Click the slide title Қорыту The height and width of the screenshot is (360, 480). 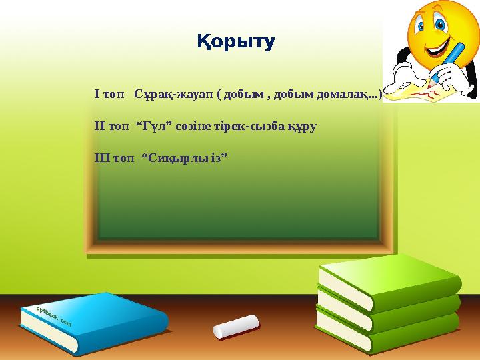click(236, 42)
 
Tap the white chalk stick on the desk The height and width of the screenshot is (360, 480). click(236, 327)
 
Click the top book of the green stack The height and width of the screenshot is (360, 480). click(390, 281)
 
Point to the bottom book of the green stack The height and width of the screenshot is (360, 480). click(387, 332)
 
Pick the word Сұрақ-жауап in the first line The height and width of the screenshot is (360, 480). click(173, 94)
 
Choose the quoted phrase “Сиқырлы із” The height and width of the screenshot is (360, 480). click(185, 159)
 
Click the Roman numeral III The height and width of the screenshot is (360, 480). click(102, 158)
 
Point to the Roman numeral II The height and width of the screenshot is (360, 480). click(100, 126)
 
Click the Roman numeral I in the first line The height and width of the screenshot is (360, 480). click(97, 94)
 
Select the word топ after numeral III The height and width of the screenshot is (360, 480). click(124, 159)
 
